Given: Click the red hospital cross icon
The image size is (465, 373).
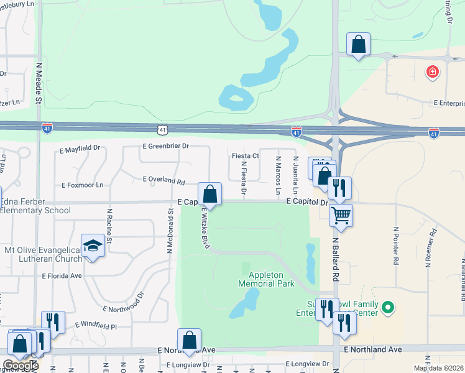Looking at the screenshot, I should pyautogui.click(x=432, y=73).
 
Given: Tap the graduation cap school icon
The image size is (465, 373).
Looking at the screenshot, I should pyautogui.click(x=93, y=246).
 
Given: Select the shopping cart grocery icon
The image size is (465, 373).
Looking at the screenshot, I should pyautogui.click(x=341, y=216).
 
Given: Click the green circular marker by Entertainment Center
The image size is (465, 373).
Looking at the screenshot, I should pyautogui.click(x=389, y=307).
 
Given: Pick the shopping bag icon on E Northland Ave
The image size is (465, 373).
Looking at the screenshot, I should pyautogui.click(x=190, y=341).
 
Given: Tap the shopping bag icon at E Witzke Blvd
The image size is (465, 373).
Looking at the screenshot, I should pyautogui.click(x=210, y=194).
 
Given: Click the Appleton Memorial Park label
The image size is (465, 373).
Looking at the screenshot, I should pyautogui.click(x=266, y=279).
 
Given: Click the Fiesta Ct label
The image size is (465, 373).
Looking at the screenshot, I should pyautogui.click(x=245, y=156).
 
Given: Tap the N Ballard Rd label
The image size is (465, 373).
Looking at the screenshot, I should pyautogui.click(x=336, y=258).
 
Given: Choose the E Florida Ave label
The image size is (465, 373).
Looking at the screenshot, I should pyautogui.click(x=62, y=275).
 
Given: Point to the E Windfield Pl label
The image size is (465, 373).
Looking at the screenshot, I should pyautogui.click(x=96, y=325).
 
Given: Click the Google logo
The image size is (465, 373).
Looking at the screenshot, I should pyautogui.click(x=20, y=366).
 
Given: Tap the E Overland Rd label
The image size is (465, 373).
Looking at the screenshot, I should pyautogui.click(x=164, y=182).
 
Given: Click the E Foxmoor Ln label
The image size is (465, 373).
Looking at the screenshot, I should pyautogui.click(x=82, y=185).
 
